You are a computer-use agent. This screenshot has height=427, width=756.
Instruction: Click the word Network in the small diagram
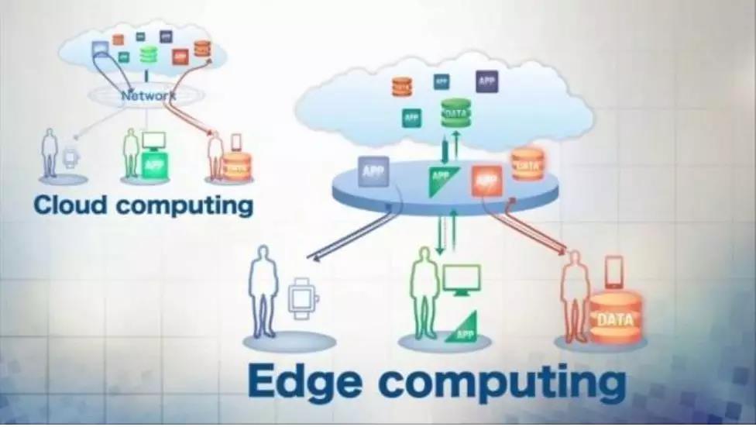(148, 96)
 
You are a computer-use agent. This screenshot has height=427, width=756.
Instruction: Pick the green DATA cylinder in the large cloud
(456, 114)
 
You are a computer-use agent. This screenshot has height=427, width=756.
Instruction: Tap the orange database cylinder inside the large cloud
(402, 87)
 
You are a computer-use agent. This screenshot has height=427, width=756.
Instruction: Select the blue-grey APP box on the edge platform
(373, 171)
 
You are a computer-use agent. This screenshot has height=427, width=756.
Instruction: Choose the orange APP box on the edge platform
(486, 181)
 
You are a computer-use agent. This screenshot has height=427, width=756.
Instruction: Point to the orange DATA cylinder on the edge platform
(527, 164)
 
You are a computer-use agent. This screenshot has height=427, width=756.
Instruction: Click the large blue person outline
(263, 290)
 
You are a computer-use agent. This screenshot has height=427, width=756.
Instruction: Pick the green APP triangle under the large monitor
(463, 327)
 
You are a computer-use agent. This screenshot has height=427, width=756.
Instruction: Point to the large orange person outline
(575, 294)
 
